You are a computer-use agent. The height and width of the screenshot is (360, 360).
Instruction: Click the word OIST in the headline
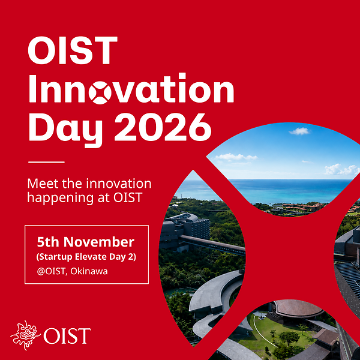coord(73,50)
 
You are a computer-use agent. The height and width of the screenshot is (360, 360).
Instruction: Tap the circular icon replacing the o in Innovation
coord(100,92)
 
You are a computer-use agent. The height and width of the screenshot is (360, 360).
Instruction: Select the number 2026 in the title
coord(163,127)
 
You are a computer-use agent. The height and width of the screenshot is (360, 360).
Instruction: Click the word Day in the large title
coord(65,130)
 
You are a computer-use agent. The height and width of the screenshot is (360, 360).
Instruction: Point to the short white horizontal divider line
coord(46,162)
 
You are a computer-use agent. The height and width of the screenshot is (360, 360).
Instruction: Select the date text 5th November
coord(86,242)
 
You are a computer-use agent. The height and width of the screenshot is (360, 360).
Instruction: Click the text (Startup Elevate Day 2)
coord(86,257)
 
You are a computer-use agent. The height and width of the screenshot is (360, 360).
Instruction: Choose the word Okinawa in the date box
coord(89,271)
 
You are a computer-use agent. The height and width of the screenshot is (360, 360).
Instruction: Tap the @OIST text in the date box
coord(52,272)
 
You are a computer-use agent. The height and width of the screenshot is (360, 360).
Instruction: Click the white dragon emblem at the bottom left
coord(25,335)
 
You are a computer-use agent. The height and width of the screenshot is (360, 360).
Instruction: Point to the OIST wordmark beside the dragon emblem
coord(67,336)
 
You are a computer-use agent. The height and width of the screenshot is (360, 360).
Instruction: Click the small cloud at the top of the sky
coord(299,131)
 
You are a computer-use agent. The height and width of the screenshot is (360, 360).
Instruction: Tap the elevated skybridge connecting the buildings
coord(212,245)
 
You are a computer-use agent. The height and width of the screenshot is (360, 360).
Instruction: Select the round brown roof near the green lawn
coord(298,308)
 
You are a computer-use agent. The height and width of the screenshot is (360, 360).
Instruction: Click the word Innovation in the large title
coord(131,89)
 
